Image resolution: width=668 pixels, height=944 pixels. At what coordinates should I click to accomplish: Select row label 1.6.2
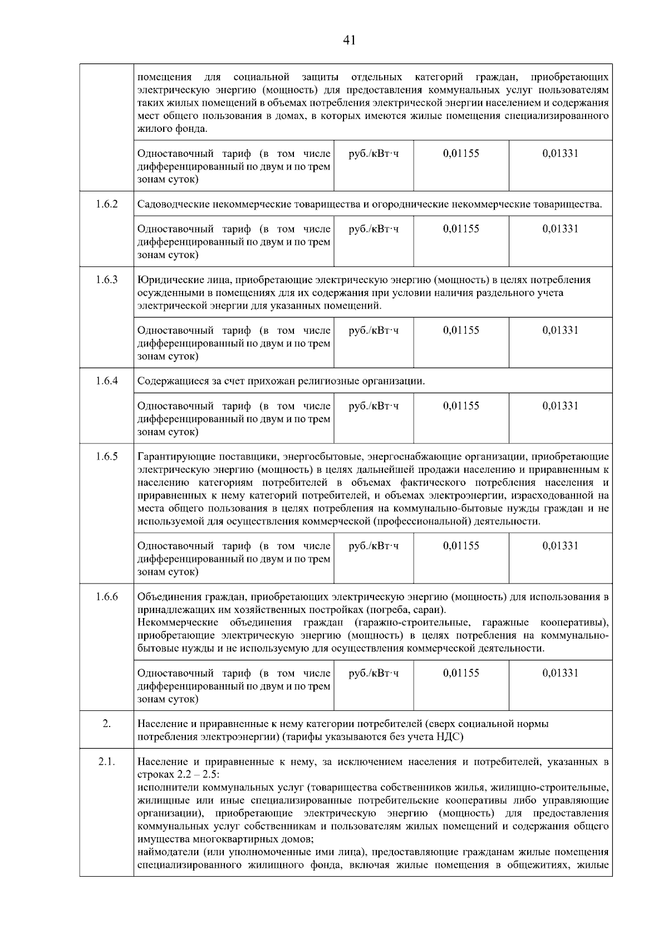[x=106, y=204]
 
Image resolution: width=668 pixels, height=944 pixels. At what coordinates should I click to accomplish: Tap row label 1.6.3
[x=106, y=280]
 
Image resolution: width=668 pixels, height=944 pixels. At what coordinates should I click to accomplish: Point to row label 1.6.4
[x=106, y=381]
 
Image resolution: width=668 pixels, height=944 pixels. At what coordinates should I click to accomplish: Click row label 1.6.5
[x=106, y=457]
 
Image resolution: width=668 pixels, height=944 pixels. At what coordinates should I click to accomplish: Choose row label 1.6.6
[x=106, y=597]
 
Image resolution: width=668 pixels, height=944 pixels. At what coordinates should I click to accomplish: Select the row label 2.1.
[x=106, y=762]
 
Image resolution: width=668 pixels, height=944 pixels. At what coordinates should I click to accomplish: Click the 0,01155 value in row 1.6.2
[x=461, y=229]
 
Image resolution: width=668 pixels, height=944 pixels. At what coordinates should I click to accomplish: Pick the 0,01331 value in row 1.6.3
[x=560, y=330]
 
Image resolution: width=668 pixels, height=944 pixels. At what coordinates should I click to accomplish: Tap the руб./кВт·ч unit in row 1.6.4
[x=374, y=406]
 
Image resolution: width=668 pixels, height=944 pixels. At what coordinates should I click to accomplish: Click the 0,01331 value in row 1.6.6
[x=560, y=673]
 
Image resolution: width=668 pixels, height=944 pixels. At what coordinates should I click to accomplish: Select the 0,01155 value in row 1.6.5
[x=461, y=546]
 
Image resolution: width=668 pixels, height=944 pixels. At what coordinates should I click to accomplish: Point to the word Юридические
[x=166, y=280]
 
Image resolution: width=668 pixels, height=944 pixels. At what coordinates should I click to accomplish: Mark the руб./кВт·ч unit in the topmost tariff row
[x=374, y=154]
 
